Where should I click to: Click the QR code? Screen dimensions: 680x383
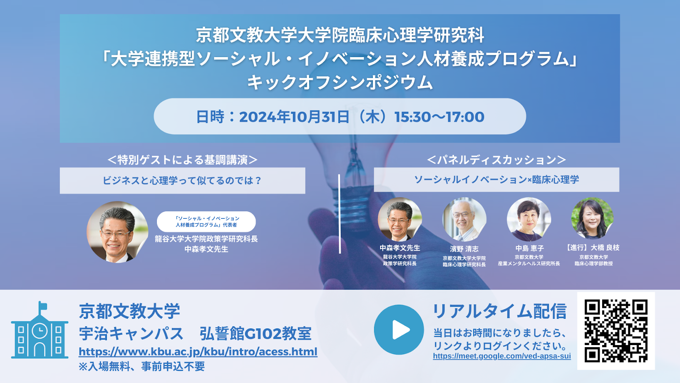click(616, 331)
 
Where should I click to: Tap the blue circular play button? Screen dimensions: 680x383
click(399, 330)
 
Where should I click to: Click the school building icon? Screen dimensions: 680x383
click(40, 330)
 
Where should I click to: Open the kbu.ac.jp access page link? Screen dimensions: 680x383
click(198, 352)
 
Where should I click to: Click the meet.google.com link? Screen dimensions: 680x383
click(502, 356)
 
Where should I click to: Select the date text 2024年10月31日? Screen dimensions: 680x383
click(294, 117)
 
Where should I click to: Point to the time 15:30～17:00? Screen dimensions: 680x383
click(439, 117)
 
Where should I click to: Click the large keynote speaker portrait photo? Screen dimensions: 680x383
click(117, 232)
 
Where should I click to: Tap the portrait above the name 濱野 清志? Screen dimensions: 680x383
click(464, 220)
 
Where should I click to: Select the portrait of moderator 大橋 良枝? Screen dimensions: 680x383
click(593, 218)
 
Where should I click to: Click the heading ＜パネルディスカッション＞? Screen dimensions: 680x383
click(496, 160)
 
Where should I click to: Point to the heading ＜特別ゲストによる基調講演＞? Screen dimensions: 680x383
click(182, 160)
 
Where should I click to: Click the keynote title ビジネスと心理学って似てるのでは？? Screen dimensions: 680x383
click(182, 180)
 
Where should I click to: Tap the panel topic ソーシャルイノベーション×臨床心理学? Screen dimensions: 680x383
click(496, 180)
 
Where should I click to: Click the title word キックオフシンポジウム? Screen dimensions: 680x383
click(340, 83)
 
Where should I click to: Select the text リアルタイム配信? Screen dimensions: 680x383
click(499, 311)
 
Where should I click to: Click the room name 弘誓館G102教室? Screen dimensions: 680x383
click(256, 334)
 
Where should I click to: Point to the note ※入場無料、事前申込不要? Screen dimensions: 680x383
click(142, 367)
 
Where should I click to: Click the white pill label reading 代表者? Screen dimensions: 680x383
click(206, 222)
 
